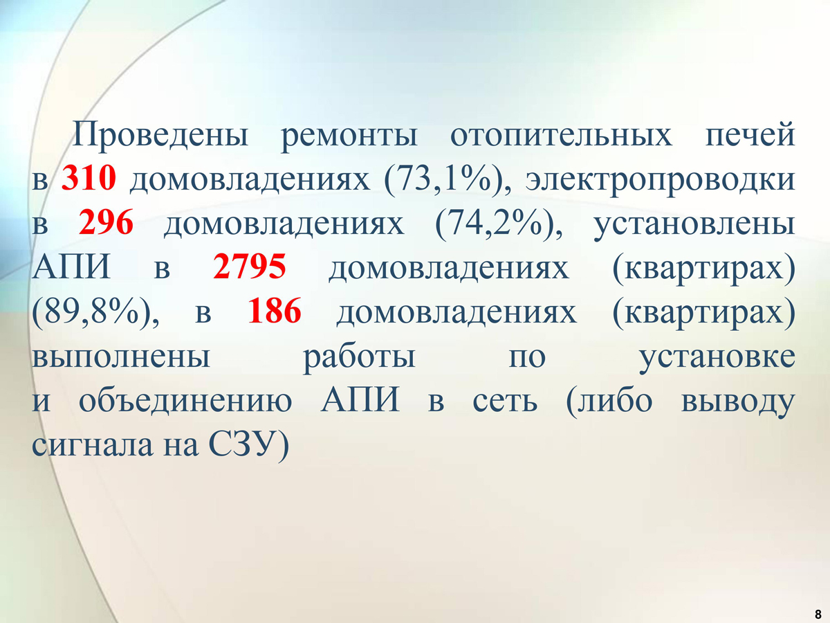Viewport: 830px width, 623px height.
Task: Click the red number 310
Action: (89, 178)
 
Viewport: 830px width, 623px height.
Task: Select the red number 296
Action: (106, 222)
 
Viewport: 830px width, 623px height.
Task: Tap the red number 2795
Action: (250, 267)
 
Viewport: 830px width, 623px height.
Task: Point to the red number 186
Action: (275, 311)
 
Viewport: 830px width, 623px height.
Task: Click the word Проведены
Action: (160, 135)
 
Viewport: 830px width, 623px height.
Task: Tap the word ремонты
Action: (349, 138)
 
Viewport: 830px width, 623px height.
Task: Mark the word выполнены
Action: (121, 357)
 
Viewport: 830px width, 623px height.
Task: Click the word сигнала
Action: (93, 446)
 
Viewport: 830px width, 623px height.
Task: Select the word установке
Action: (717, 360)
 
